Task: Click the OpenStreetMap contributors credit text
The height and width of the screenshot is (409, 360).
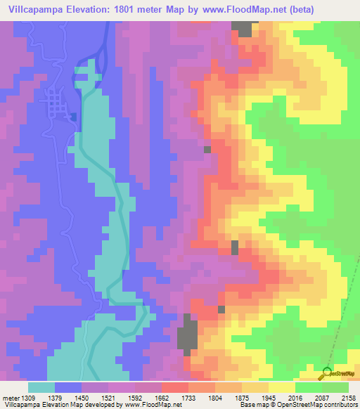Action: point(317,405)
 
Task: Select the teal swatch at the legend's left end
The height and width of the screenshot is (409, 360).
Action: point(41,388)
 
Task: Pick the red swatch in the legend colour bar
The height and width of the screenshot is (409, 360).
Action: point(175,388)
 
